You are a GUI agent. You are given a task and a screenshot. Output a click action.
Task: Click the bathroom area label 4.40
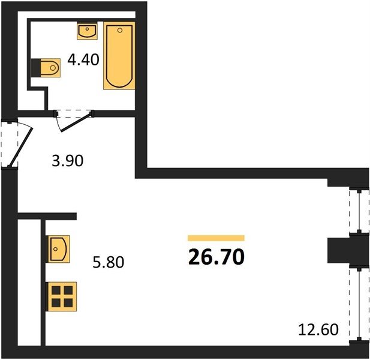(x=83, y=59)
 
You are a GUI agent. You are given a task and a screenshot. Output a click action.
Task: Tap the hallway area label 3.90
(x=68, y=161)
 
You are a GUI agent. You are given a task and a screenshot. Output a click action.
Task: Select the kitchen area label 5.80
(x=109, y=262)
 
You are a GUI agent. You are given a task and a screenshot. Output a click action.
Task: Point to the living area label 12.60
(x=318, y=329)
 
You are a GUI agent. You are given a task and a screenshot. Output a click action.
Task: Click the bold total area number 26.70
(x=216, y=257)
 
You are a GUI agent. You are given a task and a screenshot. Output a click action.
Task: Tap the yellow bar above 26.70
(x=216, y=238)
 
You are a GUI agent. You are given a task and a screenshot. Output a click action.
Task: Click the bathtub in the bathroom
(x=119, y=56)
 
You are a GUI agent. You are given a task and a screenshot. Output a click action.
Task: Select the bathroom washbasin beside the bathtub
(x=87, y=31)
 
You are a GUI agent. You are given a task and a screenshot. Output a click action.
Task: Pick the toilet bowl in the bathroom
(x=50, y=68)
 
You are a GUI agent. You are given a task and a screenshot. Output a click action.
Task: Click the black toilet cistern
(x=36, y=68)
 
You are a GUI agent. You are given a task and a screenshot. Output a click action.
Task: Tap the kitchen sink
(x=59, y=249)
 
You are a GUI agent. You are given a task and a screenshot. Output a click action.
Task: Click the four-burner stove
(x=62, y=296)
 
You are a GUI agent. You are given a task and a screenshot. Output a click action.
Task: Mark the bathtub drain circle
(x=120, y=30)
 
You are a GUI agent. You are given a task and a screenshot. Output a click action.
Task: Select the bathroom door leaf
(x=76, y=122)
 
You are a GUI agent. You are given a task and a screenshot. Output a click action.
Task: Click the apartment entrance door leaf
(x=20, y=147)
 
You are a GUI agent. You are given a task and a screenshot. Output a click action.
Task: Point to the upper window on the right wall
(x=359, y=211)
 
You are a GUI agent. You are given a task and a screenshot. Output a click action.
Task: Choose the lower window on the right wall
(x=359, y=304)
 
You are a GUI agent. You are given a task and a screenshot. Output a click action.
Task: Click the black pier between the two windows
(x=348, y=250)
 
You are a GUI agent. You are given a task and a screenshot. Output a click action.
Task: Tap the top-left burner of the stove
(x=56, y=290)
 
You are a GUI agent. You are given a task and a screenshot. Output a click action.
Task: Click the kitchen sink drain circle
(x=56, y=249)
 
